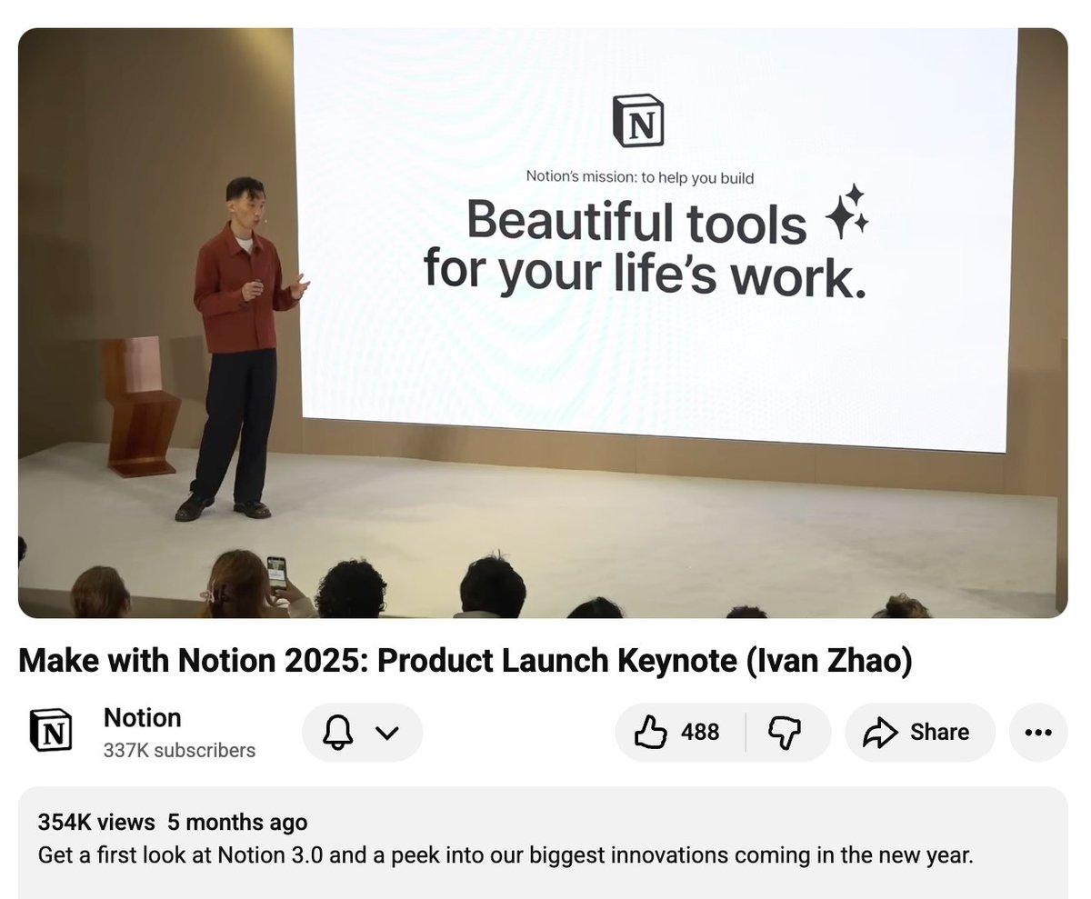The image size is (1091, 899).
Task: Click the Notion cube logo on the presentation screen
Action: click(638, 121)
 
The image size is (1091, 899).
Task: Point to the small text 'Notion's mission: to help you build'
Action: click(639, 177)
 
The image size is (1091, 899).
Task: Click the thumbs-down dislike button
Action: click(785, 732)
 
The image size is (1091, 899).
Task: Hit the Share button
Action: click(920, 732)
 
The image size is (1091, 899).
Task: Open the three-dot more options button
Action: click(1038, 732)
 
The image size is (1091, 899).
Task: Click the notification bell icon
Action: click(338, 732)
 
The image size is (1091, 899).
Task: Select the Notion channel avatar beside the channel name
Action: click(51, 731)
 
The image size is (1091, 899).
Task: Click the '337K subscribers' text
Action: click(179, 751)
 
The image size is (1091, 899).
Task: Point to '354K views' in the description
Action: click(96, 822)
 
